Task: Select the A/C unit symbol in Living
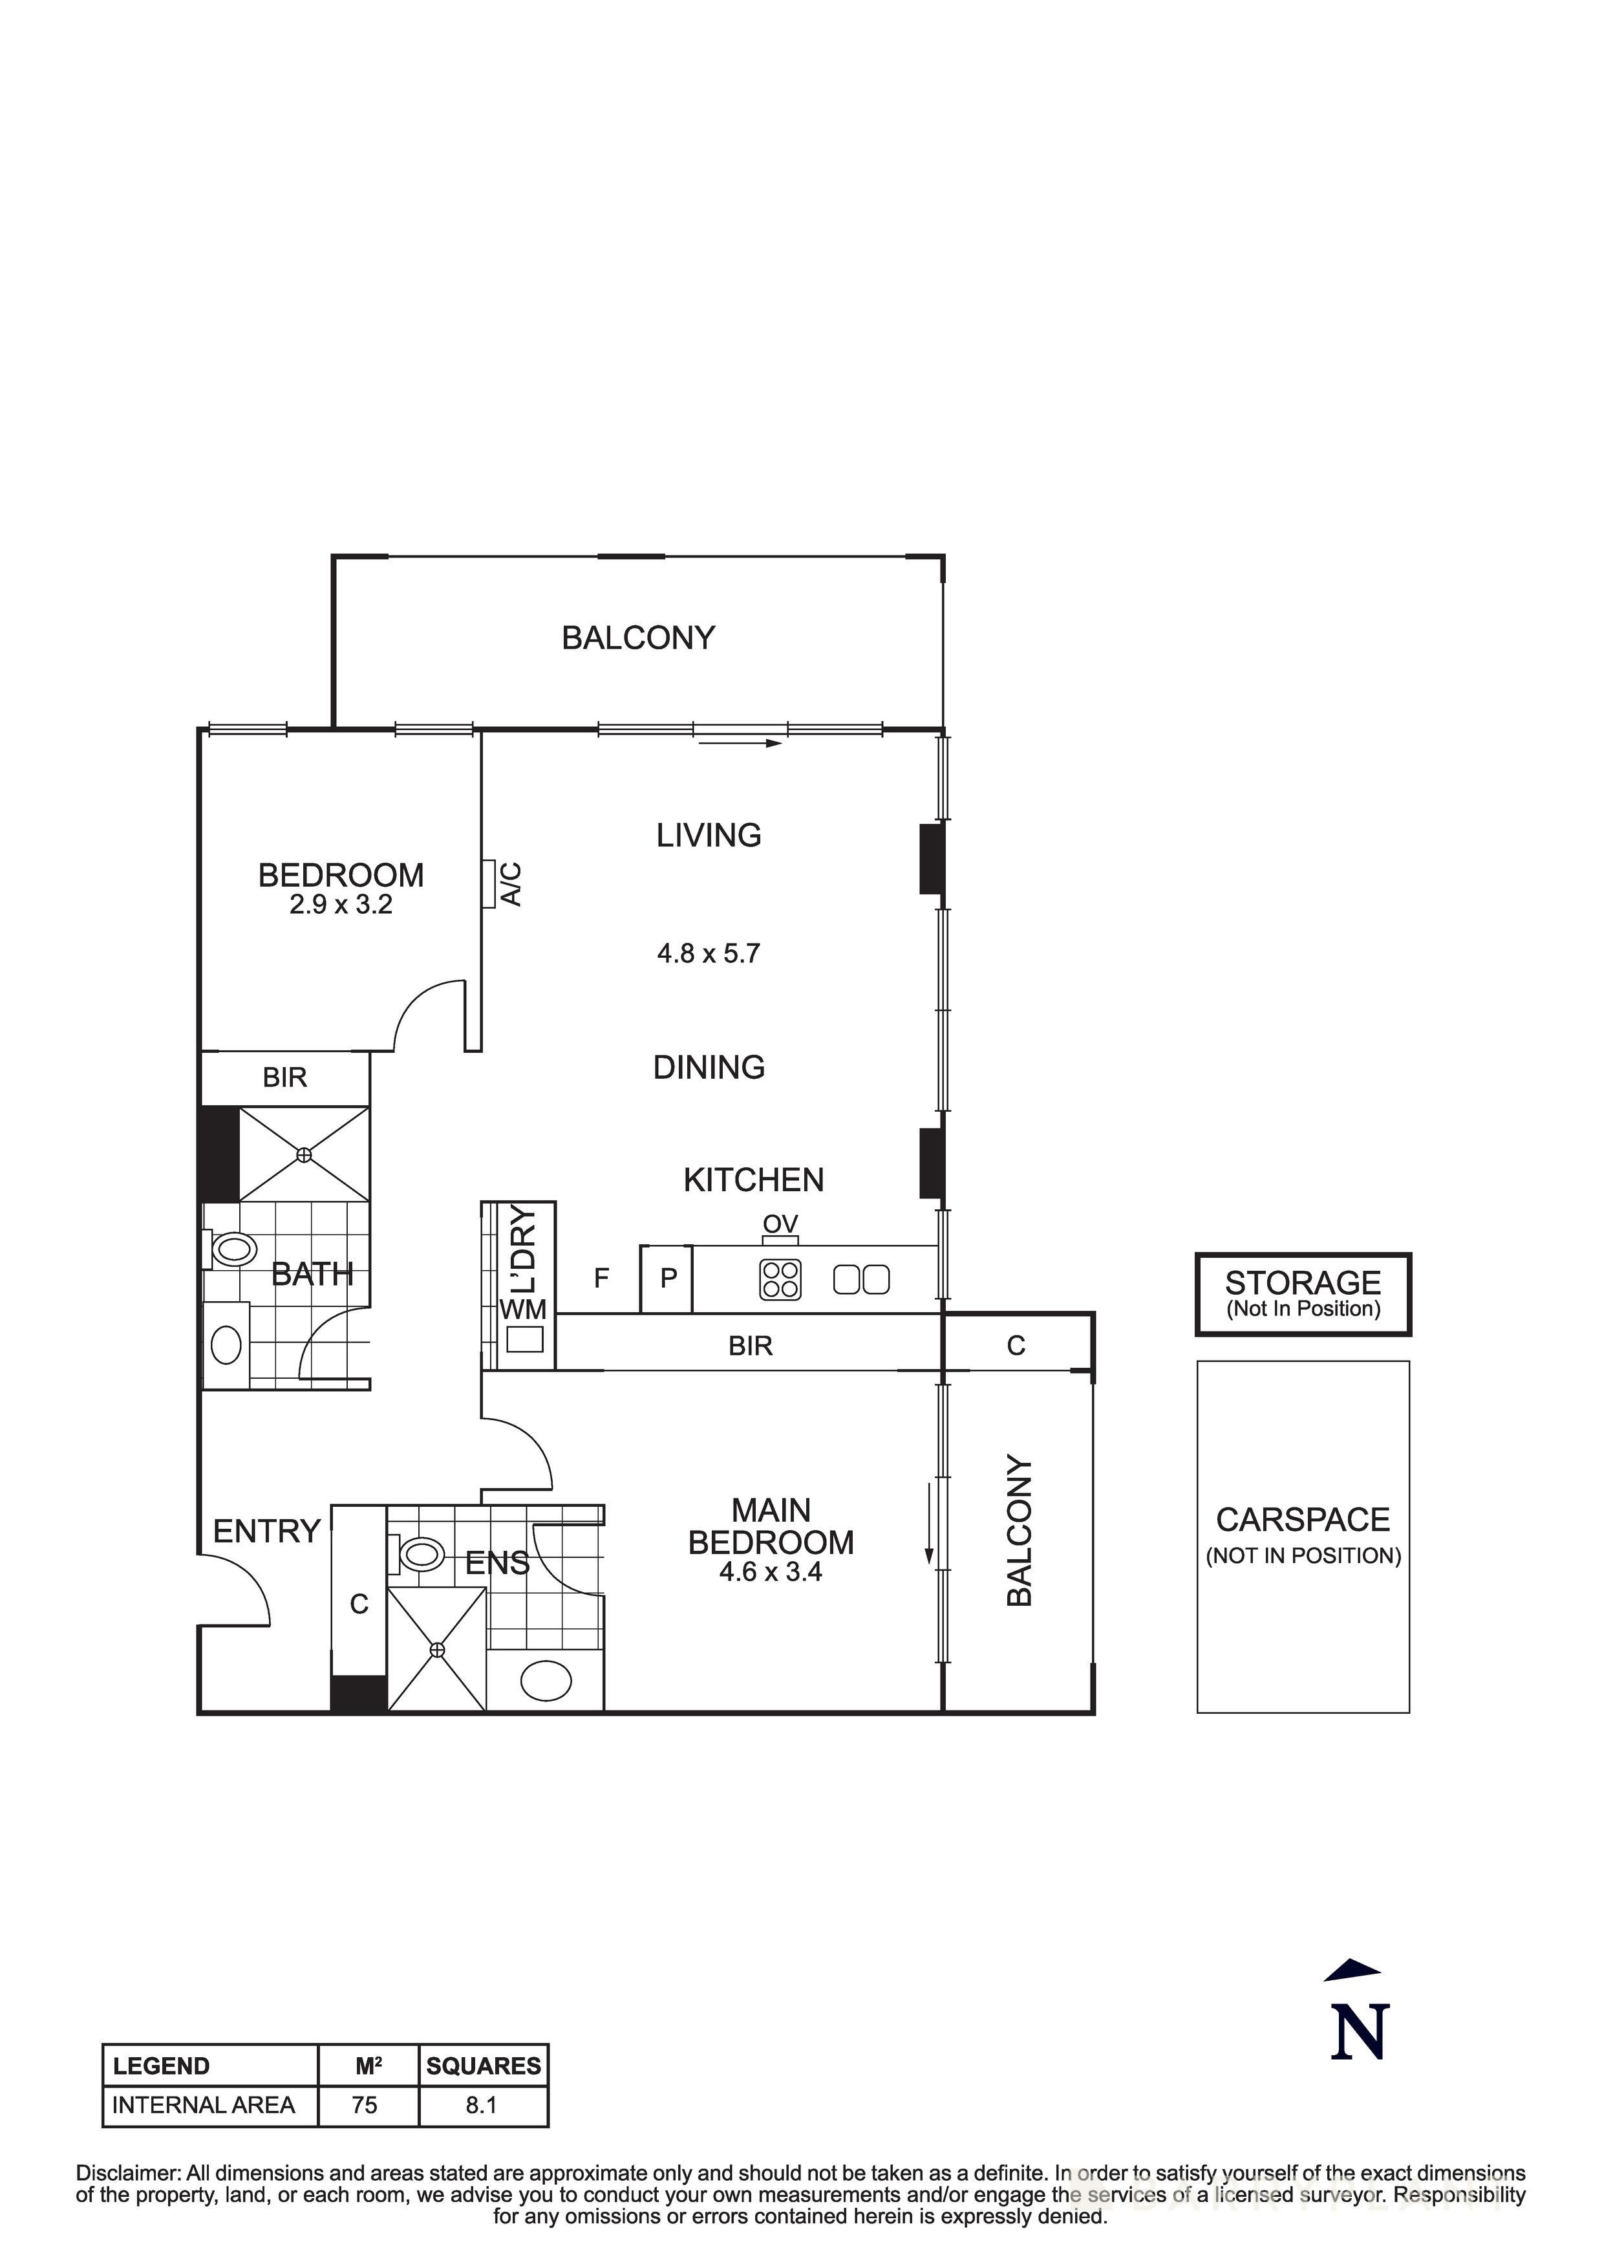point(488,883)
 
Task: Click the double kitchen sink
point(861,1280)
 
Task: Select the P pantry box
point(668,1279)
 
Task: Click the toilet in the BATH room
point(233,1249)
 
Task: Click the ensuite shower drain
point(438,1650)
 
